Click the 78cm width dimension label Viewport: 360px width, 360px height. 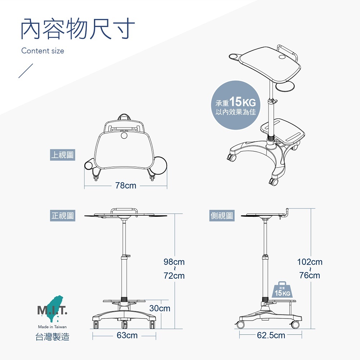click(126, 185)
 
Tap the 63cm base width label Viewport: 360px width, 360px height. click(127, 336)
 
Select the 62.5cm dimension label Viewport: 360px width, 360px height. click(271, 336)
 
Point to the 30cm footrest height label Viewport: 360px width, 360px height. click(160, 309)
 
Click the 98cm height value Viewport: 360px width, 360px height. click(174, 262)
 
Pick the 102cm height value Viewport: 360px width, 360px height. click(310, 262)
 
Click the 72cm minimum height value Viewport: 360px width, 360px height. click(174, 276)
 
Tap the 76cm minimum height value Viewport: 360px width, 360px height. click(310, 275)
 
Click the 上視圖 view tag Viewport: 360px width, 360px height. click(62, 155)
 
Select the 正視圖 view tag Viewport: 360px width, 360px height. click(62, 216)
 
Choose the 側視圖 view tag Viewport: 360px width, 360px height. click(222, 216)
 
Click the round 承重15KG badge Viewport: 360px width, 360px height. click(235, 105)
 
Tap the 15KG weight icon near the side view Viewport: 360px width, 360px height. click(282, 290)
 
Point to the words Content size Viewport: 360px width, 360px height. click(43, 51)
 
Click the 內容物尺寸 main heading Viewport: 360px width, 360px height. click(78, 29)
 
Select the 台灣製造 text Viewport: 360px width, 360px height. click(53, 337)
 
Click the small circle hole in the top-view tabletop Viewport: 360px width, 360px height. click(124, 135)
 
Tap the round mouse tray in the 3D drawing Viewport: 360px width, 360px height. click(285, 86)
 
